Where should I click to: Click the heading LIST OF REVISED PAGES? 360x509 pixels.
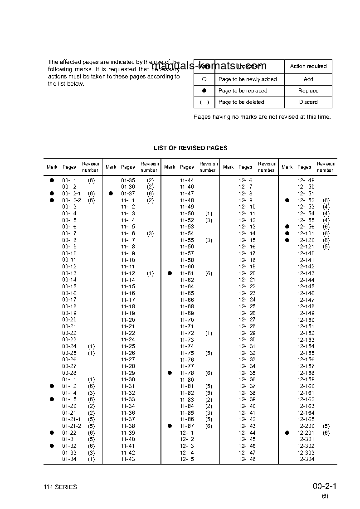point(190,148)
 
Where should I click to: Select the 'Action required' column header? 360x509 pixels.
point(308,66)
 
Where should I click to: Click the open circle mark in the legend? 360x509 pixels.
point(204,79)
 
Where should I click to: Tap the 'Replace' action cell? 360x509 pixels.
point(308,91)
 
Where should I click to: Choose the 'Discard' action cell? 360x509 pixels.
point(308,102)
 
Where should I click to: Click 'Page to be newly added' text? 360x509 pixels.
point(248,79)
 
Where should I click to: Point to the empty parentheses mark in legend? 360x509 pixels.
point(204,102)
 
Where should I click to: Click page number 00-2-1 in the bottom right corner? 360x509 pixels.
point(324,487)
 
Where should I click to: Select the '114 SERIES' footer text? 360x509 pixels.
point(60,487)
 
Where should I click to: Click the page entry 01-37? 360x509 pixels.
point(128,194)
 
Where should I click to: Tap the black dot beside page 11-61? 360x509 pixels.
point(170,273)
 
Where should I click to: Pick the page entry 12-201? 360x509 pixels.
point(306,433)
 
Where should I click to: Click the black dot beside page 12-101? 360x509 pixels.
point(287,233)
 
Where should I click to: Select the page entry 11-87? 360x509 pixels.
point(187,426)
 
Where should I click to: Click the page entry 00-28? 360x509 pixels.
point(69,373)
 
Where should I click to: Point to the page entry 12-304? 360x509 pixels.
point(306,459)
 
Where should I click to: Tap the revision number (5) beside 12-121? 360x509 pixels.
point(326,247)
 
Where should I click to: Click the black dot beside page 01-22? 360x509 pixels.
point(52,433)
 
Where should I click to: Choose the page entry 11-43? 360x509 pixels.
point(128,459)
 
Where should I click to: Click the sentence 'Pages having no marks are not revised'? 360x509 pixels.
point(262,117)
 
